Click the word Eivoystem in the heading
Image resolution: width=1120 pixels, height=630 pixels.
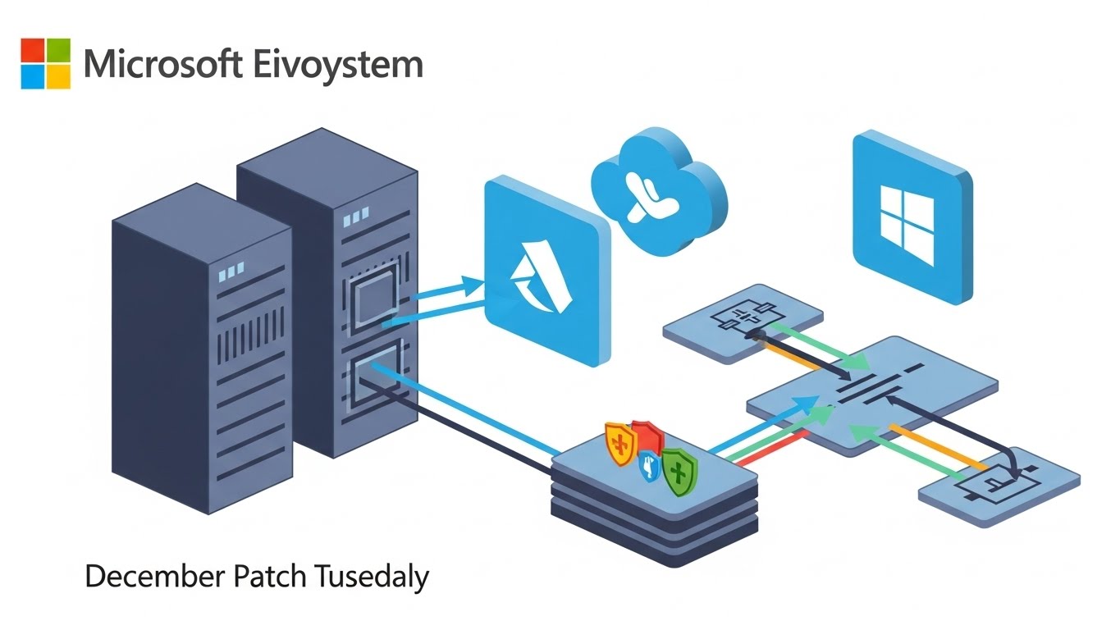338,64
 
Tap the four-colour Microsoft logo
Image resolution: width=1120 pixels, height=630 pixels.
46,63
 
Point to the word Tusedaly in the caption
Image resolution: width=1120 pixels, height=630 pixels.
371,577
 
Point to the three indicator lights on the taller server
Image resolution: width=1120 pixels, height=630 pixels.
355,219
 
